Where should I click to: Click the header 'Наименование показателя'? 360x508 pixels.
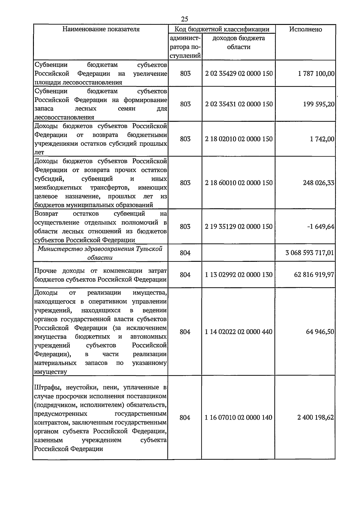101,29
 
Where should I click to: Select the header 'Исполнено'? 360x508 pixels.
305,29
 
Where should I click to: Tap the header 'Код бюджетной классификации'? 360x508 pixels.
222,29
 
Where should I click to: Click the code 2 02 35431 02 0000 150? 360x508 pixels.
239,104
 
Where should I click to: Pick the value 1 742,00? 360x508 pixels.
322,139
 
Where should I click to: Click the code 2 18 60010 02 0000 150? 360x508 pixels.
239,183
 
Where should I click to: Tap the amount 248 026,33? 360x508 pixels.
318,183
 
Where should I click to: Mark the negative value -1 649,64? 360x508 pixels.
320,227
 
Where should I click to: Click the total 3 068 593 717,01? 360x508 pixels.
310,253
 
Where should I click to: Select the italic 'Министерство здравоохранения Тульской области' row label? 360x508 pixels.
100,253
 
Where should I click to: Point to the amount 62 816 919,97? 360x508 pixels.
314,275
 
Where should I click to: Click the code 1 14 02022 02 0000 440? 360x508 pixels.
238,332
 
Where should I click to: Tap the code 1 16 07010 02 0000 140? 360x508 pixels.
238,417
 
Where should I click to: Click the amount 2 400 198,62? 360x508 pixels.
316,417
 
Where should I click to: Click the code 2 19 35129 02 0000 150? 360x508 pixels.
239,227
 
